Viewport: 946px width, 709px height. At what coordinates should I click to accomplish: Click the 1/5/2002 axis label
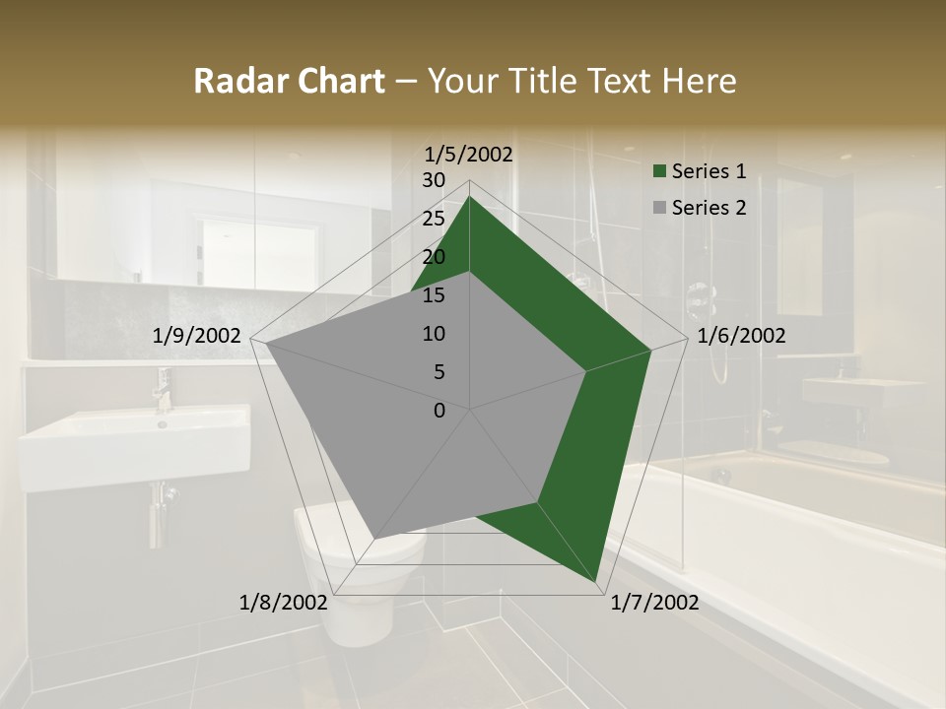(x=469, y=154)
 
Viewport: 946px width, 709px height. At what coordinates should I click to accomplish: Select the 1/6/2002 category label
(x=741, y=336)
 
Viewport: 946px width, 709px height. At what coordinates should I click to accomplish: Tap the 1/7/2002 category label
(x=654, y=603)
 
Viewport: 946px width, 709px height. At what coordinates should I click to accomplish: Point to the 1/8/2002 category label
(x=284, y=603)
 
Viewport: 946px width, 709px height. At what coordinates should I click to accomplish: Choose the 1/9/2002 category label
(x=197, y=336)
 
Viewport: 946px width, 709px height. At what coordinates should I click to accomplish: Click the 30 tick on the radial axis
(x=434, y=180)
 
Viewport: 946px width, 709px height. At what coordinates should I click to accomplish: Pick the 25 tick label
(x=434, y=219)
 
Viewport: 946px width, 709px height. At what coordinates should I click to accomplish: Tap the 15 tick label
(x=434, y=295)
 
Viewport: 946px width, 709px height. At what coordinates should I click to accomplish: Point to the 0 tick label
(x=439, y=411)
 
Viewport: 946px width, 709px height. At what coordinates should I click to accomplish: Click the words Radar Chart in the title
(x=289, y=82)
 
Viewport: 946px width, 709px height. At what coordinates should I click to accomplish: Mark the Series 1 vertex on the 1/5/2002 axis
(x=469, y=197)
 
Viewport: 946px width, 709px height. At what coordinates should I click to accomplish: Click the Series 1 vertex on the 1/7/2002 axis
(x=597, y=583)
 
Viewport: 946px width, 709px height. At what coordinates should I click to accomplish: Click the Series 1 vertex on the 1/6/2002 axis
(x=650, y=350)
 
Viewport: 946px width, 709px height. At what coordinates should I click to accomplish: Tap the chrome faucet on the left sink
(x=163, y=389)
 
